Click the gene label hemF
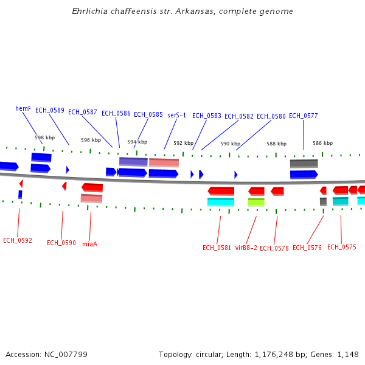(x=23, y=108)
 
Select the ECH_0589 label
(x=50, y=110)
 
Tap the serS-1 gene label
(x=176, y=115)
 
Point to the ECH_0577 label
(x=303, y=116)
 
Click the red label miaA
(x=89, y=244)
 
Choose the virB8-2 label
(x=246, y=248)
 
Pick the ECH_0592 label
(x=18, y=240)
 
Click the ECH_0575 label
(x=342, y=247)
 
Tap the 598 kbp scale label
(x=44, y=137)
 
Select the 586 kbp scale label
(x=323, y=143)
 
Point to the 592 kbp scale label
(x=183, y=143)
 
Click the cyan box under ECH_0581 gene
(x=221, y=202)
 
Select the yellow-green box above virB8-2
(x=256, y=202)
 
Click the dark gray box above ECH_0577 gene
(x=304, y=163)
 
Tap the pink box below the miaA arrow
(x=91, y=198)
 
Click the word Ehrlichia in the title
(x=89, y=12)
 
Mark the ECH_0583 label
(x=207, y=116)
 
